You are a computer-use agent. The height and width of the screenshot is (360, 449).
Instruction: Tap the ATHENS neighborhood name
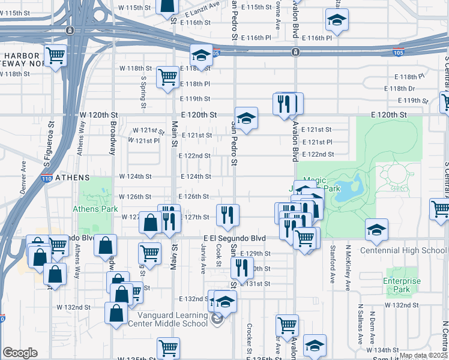tap(72, 178)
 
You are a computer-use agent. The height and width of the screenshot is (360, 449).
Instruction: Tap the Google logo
tap(20, 352)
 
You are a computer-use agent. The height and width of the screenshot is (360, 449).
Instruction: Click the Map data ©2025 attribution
tap(423, 355)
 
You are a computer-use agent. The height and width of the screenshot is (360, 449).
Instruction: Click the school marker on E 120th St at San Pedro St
tap(246, 118)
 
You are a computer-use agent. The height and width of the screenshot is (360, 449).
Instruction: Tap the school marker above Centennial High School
tap(376, 229)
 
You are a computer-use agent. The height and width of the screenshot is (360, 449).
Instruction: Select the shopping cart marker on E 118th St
tap(167, 76)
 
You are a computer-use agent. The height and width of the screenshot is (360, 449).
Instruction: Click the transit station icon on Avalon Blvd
tap(295, 52)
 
